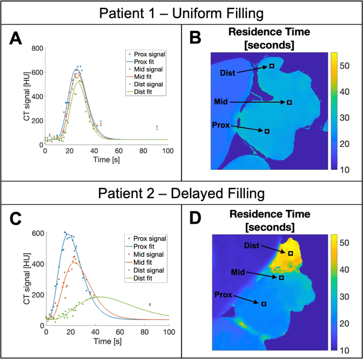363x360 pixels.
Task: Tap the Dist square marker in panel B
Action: [x=272, y=66]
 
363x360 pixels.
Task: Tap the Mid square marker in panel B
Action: [x=289, y=103]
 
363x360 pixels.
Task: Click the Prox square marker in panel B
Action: [x=267, y=131]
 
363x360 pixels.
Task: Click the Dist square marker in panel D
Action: [x=290, y=253]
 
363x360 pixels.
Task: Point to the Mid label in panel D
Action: [x=239, y=271]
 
